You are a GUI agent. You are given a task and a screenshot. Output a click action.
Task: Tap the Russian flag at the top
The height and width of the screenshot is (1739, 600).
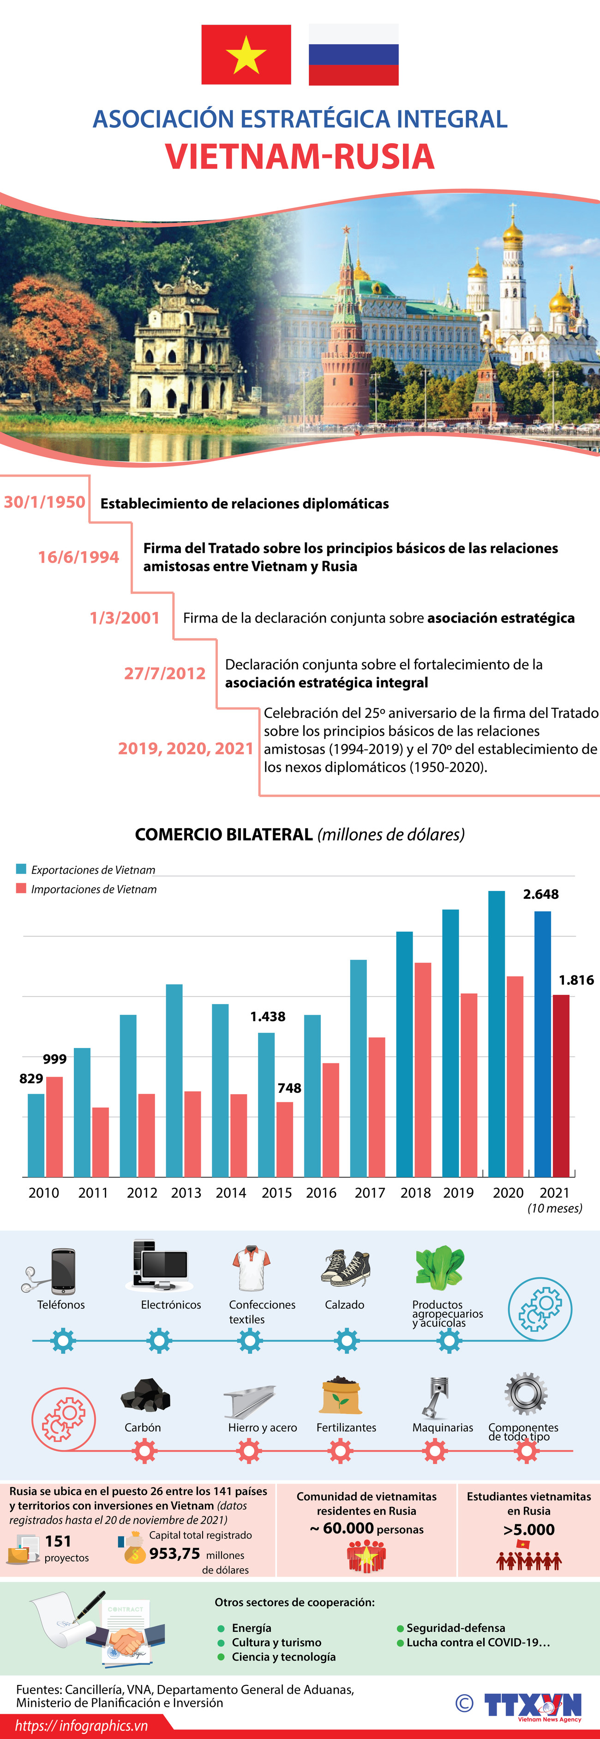pos(353,55)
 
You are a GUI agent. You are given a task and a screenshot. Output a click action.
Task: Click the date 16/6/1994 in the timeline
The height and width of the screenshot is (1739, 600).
pos(78,557)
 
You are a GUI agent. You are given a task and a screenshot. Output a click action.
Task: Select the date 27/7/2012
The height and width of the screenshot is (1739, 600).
pos(165,673)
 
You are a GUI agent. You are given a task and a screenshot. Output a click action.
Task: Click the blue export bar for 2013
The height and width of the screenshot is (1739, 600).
pos(174,1080)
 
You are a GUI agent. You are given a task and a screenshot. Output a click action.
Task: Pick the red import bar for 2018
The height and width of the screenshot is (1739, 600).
pos(422,1070)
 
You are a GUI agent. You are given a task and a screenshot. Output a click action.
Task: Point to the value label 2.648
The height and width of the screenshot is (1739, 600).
pos(540,895)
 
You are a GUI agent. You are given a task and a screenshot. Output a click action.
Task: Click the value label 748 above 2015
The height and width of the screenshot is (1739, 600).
pos(289,1088)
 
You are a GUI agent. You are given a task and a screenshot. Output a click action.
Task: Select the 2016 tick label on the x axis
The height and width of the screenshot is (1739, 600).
pos(321,1193)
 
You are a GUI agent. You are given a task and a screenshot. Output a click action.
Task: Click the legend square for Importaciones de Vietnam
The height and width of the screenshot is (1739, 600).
pos(21,888)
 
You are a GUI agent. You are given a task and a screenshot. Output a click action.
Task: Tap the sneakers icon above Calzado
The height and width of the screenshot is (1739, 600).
pos(346,1267)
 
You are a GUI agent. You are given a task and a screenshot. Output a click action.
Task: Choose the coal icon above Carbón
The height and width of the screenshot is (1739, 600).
pos(144,1395)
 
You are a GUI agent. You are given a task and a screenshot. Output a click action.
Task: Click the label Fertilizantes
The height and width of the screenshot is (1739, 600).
pos(346,1428)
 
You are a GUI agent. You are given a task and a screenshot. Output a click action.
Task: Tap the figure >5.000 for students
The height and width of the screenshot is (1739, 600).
pos(528,1530)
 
